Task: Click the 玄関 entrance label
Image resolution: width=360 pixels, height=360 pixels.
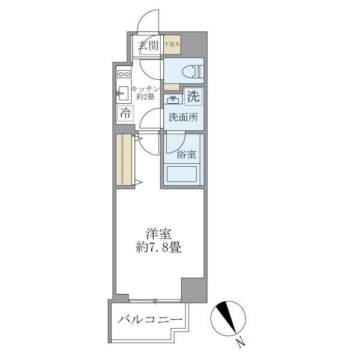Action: tap(148, 45)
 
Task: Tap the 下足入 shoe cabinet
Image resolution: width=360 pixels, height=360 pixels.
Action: tap(173, 44)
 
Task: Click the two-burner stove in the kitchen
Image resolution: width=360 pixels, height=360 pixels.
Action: tap(124, 74)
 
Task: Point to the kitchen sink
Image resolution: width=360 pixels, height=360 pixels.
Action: tap(124, 94)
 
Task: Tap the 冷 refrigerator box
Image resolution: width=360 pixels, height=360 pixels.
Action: tap(125, 112)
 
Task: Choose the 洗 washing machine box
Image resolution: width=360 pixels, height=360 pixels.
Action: tap(193, 95)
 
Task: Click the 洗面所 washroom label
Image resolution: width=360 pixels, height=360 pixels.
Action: tap(182, 118)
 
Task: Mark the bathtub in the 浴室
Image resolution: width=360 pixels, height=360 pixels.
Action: tap(182, 175)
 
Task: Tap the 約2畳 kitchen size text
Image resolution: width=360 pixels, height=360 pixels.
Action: tap(146, 96)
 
